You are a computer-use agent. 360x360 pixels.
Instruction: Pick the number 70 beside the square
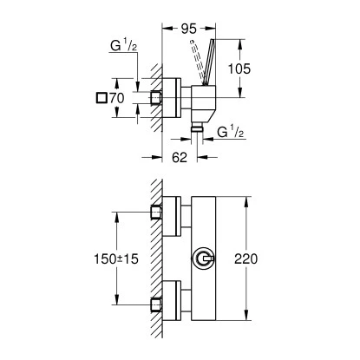[119, 100]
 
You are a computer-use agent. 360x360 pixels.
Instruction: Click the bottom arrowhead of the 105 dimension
[248, 83]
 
